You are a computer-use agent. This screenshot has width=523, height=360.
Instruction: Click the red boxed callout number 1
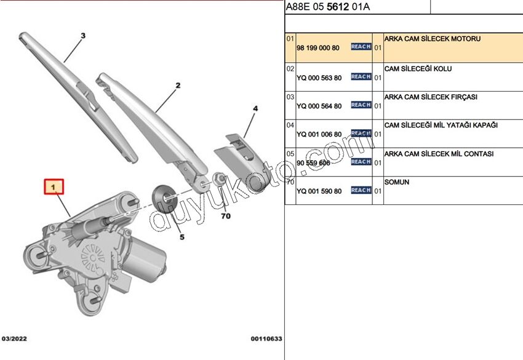(x=54, y=186)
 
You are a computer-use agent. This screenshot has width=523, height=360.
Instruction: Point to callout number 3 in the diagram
(x=83, y=36)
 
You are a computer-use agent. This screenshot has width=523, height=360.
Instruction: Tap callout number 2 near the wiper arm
(x=177, y=86)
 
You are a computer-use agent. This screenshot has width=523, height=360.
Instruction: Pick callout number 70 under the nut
(x=226, y=216)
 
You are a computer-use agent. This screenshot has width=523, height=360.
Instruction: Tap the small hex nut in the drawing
(x=218, y=179)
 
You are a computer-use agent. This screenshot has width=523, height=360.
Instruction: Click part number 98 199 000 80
(x=318, y=47)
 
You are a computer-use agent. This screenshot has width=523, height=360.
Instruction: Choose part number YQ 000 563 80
(x=319, y=78)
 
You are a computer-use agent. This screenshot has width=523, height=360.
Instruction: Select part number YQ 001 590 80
(x=319, y=191)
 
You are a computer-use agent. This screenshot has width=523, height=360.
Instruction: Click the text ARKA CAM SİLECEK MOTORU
(x=432, y=39)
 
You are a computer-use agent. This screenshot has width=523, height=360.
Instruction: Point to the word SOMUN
(x=397, y=183)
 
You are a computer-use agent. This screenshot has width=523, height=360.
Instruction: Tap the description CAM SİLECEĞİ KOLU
(x=418, y=69)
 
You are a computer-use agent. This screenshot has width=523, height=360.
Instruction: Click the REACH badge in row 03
(x=361, y=105)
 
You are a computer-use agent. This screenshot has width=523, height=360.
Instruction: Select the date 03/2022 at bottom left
(x=14, y=338)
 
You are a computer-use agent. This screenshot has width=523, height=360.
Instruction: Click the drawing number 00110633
(x=266, y=338)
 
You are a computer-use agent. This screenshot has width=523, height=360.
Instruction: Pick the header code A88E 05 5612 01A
(x=327, y=7)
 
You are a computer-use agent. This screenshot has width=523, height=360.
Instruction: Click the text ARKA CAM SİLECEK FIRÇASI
(x=431, y=97)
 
